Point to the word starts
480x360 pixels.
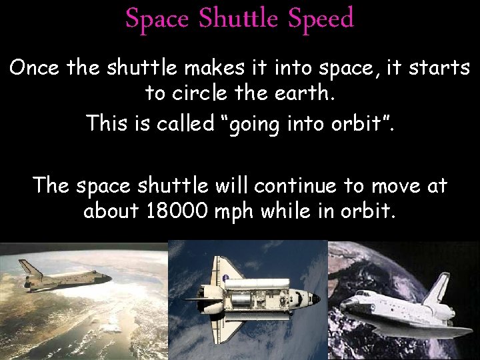[x=437, y=69]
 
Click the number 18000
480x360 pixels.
[x=173, y=211]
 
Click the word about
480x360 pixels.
[x=109, y=211]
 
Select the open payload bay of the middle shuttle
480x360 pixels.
[x=257, y=300]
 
